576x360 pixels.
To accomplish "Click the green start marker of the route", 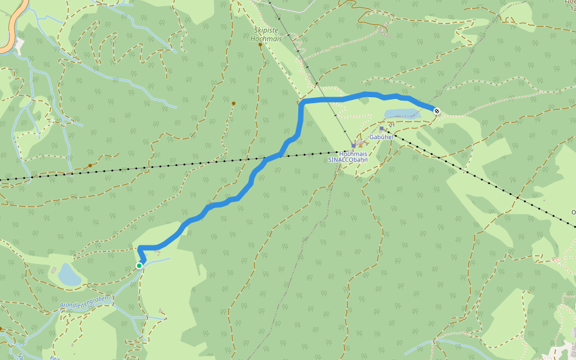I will click(139, 265).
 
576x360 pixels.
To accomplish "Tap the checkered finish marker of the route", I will click(437, 110).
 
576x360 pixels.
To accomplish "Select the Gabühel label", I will click(381, 137).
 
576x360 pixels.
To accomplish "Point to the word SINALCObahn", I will click(348, 160).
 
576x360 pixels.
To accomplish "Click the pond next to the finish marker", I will click(398, 113).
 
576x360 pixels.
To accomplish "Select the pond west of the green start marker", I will click(69, 275).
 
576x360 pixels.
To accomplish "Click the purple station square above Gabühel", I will click(382, 128).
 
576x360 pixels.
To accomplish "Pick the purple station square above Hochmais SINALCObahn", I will click(353, 145).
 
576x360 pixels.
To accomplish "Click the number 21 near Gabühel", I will click(391, 124).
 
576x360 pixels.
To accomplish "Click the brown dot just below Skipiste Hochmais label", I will click(260, 45).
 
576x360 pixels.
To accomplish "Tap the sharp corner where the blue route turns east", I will click(302, 103).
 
